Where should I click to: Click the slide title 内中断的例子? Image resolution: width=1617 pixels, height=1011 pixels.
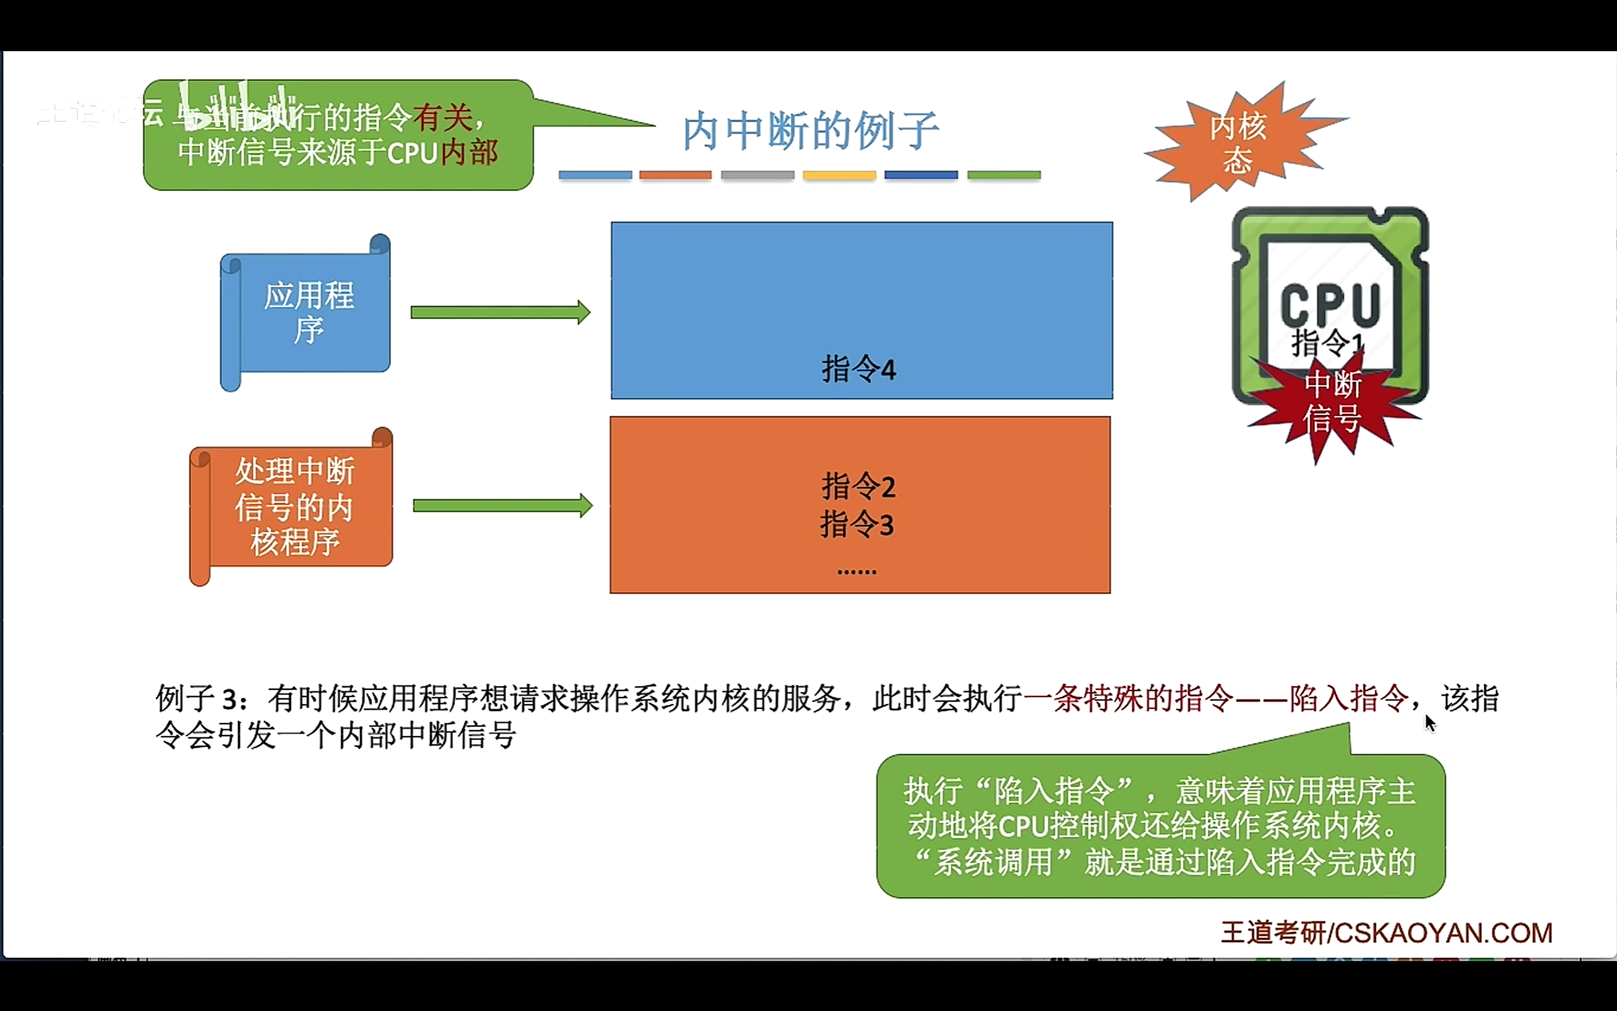point(810,130)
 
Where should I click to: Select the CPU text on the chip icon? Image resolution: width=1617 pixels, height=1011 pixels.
point(1330,304)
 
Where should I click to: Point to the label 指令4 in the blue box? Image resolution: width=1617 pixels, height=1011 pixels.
point(858,369)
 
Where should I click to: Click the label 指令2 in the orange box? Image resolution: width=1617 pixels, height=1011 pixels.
point(858,486)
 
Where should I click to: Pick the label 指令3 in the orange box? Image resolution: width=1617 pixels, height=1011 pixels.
point(857,525)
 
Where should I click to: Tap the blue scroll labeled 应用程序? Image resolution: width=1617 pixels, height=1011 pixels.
point(308,312)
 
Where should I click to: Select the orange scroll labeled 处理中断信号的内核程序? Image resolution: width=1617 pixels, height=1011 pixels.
point(294,506)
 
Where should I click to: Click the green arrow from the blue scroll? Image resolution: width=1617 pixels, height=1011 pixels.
point(500,312)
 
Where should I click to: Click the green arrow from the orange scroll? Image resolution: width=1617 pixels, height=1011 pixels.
point(503,505)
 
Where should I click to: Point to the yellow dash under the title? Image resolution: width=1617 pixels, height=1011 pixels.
point(839,175)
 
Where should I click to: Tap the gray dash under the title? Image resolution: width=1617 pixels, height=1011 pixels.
point(758,175)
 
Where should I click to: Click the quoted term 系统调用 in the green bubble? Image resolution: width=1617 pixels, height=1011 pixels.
point(993,862)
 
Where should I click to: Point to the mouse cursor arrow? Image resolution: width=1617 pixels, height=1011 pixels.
point(1429,722)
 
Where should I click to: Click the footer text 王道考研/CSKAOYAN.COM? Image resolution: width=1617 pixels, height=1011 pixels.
point(1386,933)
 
